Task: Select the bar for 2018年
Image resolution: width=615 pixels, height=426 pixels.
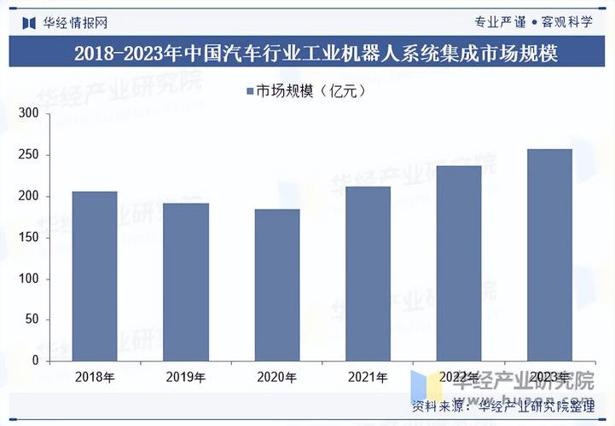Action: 95,276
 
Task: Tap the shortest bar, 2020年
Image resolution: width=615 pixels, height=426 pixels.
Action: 277,285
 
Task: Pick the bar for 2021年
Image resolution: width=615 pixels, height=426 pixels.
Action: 368,273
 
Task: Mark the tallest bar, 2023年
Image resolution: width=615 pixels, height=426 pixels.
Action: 549,255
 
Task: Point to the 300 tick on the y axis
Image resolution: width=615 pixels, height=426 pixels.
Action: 29,113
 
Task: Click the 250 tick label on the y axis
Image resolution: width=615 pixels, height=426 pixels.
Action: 29,155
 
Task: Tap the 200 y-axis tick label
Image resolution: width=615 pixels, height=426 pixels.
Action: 29,196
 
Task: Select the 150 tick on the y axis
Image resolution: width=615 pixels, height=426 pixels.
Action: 29,238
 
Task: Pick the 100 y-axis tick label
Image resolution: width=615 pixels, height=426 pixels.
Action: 29,279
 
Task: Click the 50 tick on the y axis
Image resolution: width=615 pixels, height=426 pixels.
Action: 32,320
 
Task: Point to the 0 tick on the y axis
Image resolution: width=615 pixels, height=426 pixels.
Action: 36,360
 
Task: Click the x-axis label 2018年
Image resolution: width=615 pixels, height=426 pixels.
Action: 95,377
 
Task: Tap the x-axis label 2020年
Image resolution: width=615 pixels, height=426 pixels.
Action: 277,377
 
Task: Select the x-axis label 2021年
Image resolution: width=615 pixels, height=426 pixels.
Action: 368,377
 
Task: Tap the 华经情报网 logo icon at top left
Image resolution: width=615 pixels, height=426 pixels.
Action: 28,21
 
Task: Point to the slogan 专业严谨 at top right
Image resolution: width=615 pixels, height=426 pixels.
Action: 499,21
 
